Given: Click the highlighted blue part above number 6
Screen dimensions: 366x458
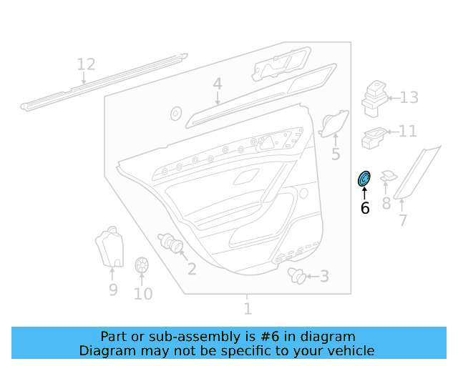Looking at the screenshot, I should point(364,179).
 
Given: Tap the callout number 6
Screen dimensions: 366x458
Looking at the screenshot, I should point(365,208).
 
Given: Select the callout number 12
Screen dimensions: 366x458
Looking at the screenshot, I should point(86,65).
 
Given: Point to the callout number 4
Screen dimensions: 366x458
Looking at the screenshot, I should point(217,85).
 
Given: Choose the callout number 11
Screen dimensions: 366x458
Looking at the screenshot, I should point(407,132).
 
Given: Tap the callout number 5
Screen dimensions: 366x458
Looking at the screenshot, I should point(336,154).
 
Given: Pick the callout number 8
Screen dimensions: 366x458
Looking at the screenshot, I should point(386,204).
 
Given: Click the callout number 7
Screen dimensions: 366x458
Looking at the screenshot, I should point(403,220).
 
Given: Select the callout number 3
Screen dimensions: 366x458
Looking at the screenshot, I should point(324,276).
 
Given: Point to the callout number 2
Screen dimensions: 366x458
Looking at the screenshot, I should point(192,269).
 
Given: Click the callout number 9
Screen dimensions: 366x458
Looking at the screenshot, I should point(113,290).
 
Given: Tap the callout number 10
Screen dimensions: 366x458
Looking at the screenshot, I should point(143,293).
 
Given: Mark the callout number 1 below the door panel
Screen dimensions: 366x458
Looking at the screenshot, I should point(248,309).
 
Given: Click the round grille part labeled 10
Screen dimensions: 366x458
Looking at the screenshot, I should point(141,266).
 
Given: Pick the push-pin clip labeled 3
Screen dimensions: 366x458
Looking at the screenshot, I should point(296,275).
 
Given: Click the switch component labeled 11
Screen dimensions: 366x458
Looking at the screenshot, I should point(374,136).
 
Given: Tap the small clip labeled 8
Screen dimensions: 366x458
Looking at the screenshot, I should point(388,176).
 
